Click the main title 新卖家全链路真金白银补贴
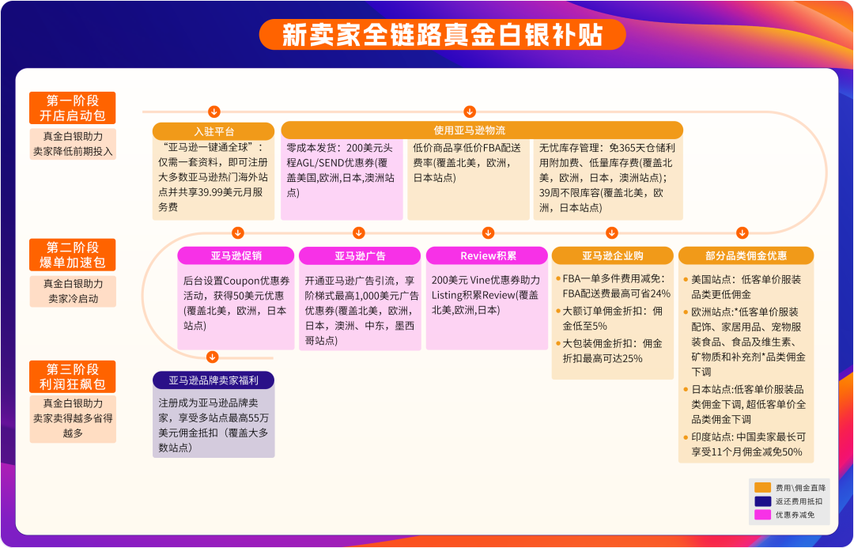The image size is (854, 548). coord(442,35)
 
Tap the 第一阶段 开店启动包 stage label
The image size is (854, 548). coord(73,108)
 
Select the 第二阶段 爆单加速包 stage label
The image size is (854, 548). coord(73,255)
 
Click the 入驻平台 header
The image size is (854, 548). coord(213,130)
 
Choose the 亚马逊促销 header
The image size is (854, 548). coord(236,255)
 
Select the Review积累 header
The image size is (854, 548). coord(487,255)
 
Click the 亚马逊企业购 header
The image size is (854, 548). coord(612,255)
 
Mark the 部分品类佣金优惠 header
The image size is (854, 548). coord(745,255)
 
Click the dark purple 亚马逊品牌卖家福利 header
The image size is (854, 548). coord(213,380)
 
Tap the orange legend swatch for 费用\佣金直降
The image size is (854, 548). coord(762,488)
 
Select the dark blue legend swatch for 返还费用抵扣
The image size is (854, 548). coord(762,501)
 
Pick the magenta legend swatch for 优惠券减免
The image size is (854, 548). coord(762,515)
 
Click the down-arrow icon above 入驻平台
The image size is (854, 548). coord(213,111)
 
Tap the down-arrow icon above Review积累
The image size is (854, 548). coord(488,232)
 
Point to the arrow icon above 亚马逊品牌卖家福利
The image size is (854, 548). coord(212,357)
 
